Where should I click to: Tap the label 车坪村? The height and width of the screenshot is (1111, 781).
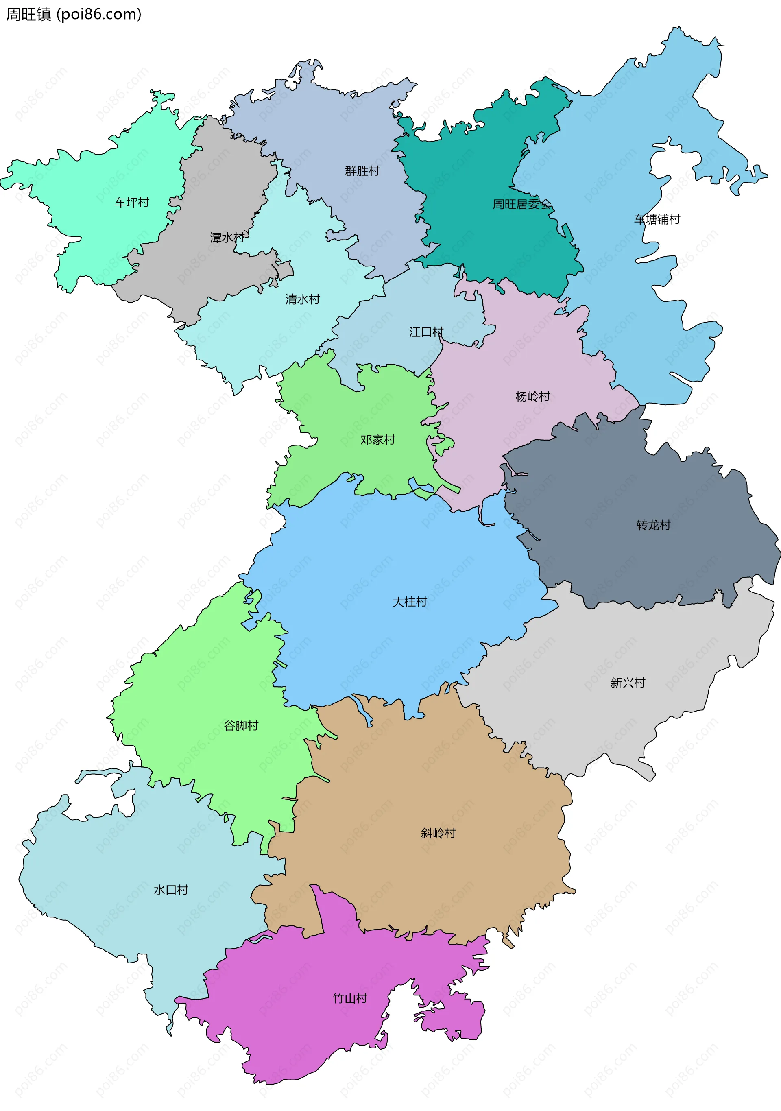pyautogui.click(x=132, y=202)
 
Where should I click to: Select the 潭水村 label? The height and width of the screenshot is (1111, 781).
pyautogui.click(x=227, y=238)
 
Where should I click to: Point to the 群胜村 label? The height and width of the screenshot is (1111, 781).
pyautogui.click(x=362, y=171)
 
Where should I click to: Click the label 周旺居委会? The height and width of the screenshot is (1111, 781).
pyautogui.click(x=521, y=204)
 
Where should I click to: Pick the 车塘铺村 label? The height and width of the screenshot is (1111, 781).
pyautogui.click(x=657, y=220)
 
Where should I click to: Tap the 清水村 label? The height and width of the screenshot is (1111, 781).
pyautogui.click(x=302, y=299)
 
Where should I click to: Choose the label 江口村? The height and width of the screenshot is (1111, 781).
pyautogui.click(x=426, y=332)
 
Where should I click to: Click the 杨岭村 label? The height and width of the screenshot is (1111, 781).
pyautogui.click(x=533, y=397)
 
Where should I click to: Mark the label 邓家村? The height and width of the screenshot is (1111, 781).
pyautogui.click(x=377, y=440)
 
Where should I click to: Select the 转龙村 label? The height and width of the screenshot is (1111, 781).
pyautogui.click(x=653, y=526)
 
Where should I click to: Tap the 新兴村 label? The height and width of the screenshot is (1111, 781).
pyautogui.click(x=628, y=683)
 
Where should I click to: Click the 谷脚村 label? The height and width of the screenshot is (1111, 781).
pyautogui.click(x=241, y=726)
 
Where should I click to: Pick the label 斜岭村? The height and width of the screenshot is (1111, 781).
pyautogui.click(x=438, y=833)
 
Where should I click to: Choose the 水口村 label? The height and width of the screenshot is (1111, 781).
pyautogui.click(x=171, y=890)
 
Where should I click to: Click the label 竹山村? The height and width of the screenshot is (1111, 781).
pyautogui.click(x=350, y=998)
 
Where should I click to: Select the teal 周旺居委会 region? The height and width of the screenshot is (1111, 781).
pyautogui.click(x=484, y=160)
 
